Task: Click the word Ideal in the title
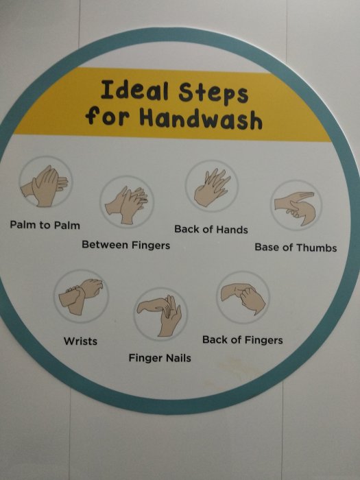click(134, 90)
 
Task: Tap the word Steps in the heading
click(213, 93)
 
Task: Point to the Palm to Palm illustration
click(46, 182)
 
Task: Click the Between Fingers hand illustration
click(126, 202)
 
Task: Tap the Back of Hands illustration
click(212, 186)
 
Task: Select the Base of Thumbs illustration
click(296, 205)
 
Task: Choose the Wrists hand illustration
click(81, 296)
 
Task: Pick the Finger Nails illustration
click(160, 314)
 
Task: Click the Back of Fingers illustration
click(243, 298)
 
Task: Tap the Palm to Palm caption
click(45, 225)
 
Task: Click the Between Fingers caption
click(125, 245)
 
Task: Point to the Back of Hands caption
click(211, 229)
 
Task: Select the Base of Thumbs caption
click(296, 248)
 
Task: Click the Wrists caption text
click(80, 341)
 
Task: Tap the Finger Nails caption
click(160, 358)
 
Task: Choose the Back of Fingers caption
click(243, 340)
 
